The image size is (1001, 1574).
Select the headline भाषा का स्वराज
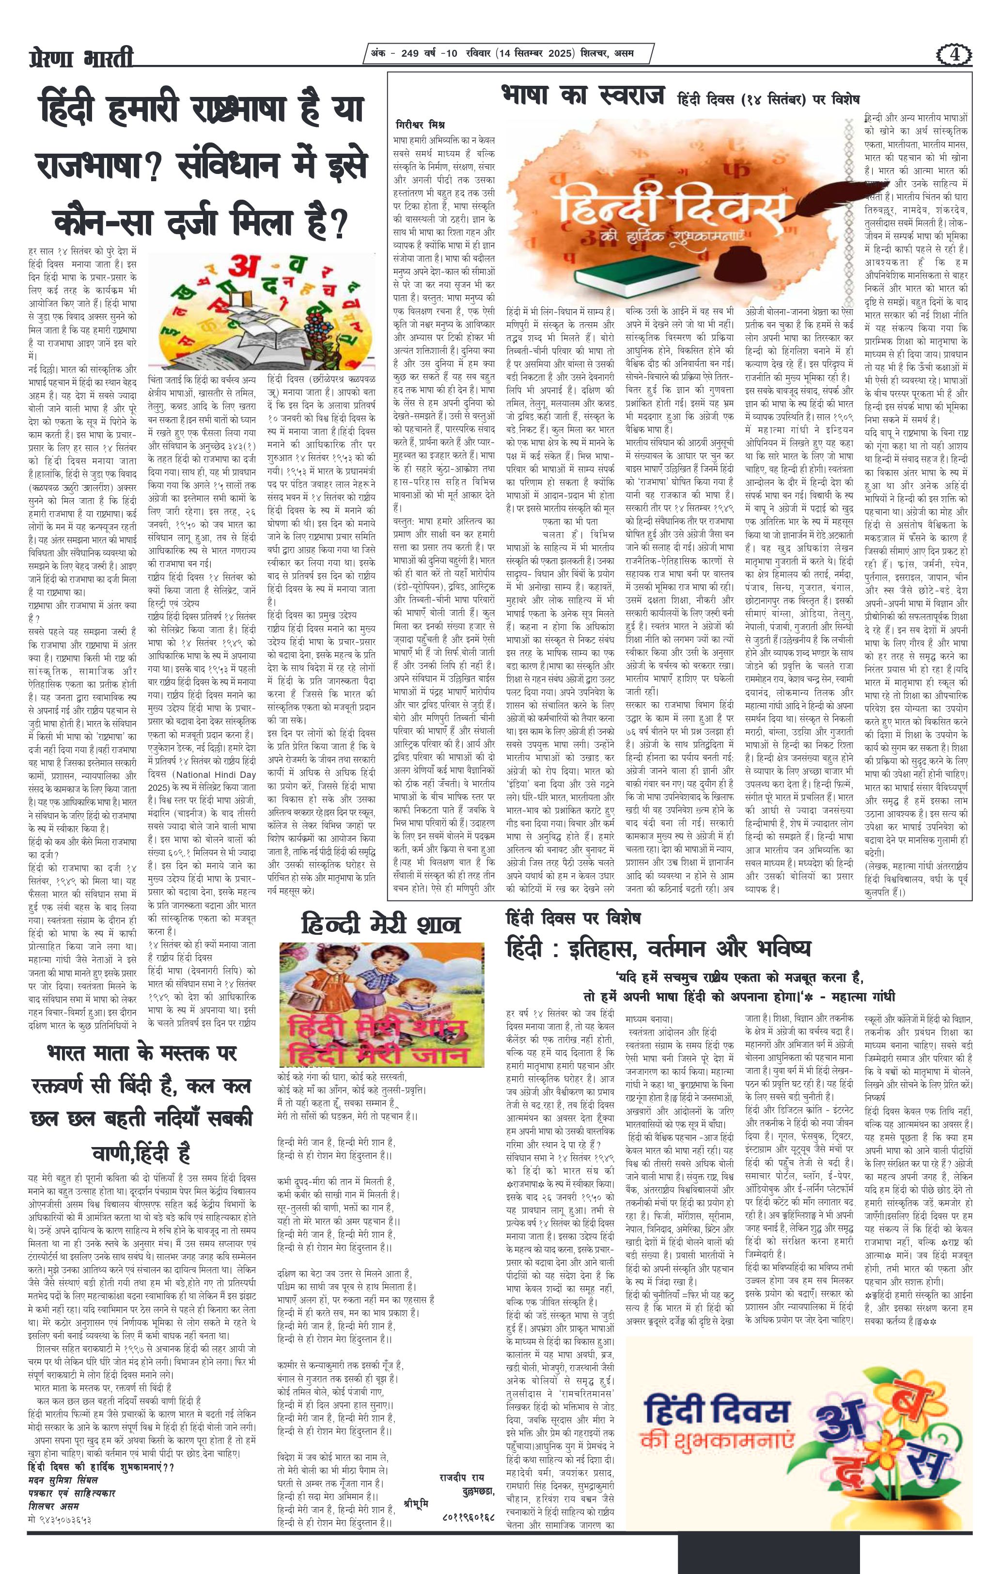tap(583, 95)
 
